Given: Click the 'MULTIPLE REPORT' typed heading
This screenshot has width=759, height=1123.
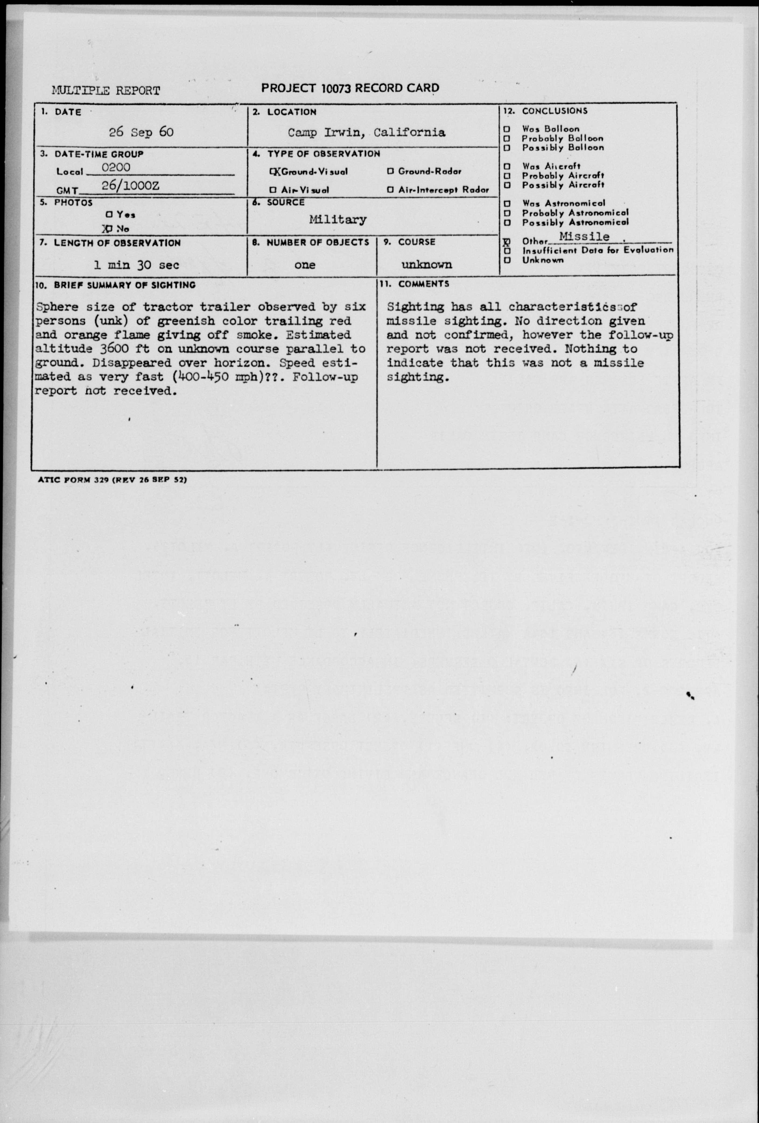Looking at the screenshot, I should (x=106, y=90).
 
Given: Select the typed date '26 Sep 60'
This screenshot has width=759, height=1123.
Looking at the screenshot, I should (x=141, y=132).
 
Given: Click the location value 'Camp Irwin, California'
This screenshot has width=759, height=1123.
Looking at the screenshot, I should (x=367, y=132).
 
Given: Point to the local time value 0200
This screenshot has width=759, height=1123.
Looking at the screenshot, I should (x=116, y=167).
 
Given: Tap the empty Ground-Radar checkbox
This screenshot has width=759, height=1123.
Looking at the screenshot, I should (x=390, y=171).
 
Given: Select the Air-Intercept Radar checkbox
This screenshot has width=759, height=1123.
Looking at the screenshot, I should (x=390, y=190).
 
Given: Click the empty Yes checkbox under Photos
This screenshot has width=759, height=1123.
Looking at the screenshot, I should (x=109, y=214).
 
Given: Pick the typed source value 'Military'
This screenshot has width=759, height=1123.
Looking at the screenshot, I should (x=338, y=219).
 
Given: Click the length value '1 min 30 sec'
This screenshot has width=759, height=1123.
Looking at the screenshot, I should (x=136, y=265).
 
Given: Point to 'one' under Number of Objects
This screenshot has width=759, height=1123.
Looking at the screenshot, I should (x=305, y=265).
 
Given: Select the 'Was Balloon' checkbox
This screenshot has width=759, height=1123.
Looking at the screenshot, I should (x=507, y=129).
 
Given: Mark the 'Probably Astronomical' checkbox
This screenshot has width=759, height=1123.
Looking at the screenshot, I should (x=507, y=213).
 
